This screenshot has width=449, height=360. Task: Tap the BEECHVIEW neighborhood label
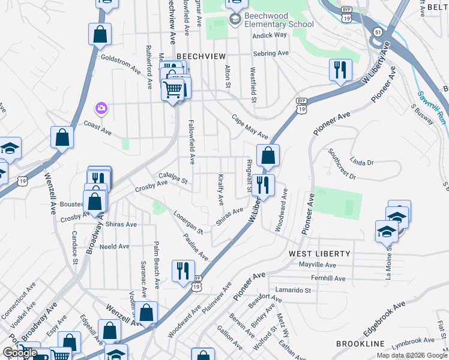[x=200, y=55]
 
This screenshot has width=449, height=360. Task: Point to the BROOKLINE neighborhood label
[x=360, y=343]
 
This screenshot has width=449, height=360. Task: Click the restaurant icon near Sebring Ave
[x=340, y=70]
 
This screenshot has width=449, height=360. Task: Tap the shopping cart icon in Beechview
[x=172, y=90]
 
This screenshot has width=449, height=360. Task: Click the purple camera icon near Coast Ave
[x=101, y=108]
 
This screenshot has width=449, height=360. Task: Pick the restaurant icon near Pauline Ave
[x=183, y=270]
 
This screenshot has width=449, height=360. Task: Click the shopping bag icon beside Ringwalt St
[x=268, y=155]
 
